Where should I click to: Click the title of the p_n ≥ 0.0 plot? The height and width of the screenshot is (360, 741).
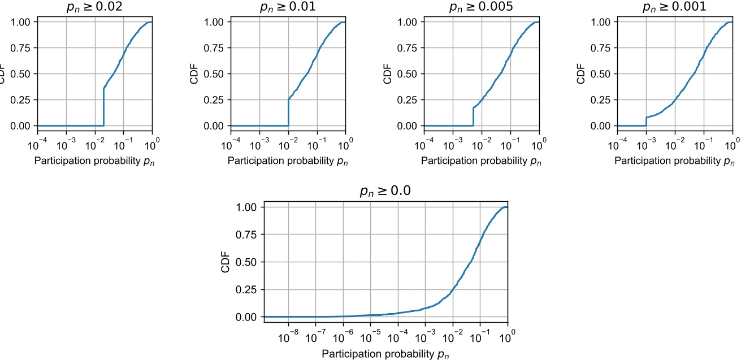pyautogui.click(x=385, y=192)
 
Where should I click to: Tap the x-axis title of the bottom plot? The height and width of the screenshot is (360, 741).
pyautogui.click(x=385, y=354)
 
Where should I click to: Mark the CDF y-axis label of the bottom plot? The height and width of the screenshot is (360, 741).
pyautogui.click(x=226, y=262)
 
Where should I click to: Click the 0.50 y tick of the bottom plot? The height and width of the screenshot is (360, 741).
pyautogui.click(x=249, y=262)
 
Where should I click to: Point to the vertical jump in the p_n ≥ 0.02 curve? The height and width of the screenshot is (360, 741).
pyautogui.click(x=103, y=107)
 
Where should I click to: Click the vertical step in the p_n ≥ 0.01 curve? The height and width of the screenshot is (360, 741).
pyautogui.click(x=289, y=112)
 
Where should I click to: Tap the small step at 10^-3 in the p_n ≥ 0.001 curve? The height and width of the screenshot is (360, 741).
pyautogui.click(x=646, y=122)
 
